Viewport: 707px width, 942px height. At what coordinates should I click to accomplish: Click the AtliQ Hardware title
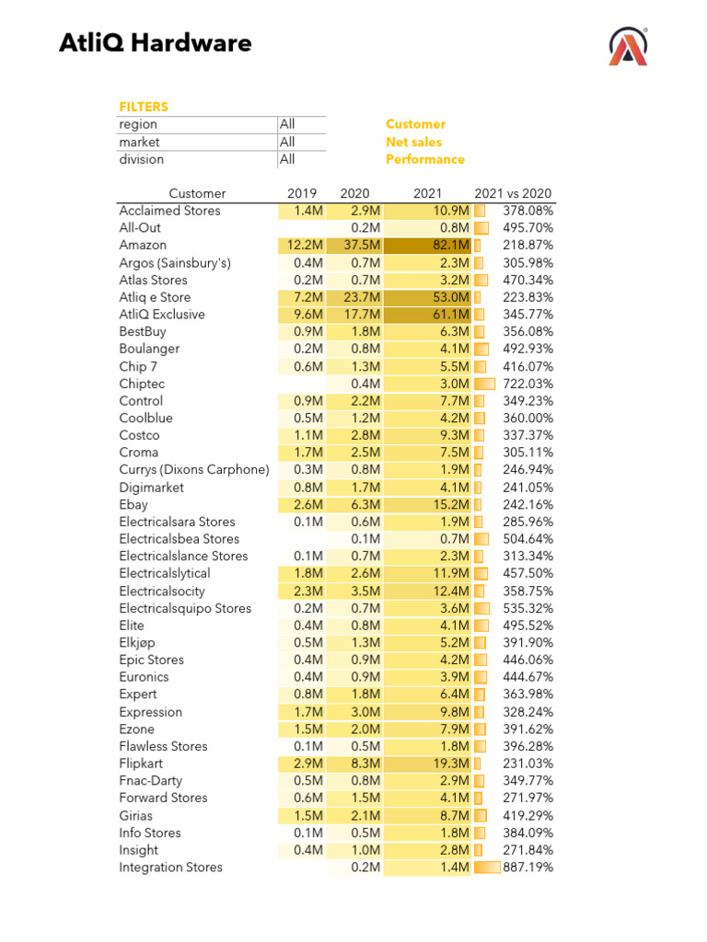click(x=155, y=43)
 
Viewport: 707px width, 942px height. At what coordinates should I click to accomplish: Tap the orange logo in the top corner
click(x=628, y=46)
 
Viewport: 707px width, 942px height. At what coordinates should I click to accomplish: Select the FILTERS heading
click(x=144, y=107)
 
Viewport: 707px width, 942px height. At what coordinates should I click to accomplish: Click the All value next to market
click(x=287, y=142)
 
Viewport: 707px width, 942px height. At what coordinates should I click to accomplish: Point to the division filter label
click(x=141, y=159)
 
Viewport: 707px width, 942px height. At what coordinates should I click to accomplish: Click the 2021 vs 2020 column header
click(x=513, y=193)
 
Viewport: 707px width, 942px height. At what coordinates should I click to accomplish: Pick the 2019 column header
click(x=302, y=193)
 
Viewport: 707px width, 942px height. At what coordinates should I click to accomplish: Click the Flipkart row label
click(x=141, y=764)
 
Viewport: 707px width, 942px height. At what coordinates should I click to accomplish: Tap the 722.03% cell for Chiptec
click(x=527, y=384)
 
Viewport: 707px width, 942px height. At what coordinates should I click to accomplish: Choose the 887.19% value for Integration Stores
click(x=527, y=867)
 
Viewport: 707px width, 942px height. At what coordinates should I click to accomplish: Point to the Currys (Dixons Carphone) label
click(x=193, y=470)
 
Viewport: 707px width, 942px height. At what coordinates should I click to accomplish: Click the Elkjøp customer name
click(x=139, y=642)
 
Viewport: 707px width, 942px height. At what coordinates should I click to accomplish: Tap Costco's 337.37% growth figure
click(x=527, y=435)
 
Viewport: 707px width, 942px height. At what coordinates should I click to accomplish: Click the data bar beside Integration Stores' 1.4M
click(x=487, y=867)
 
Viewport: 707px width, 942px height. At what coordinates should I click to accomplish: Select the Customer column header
click(x=197, y=193)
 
